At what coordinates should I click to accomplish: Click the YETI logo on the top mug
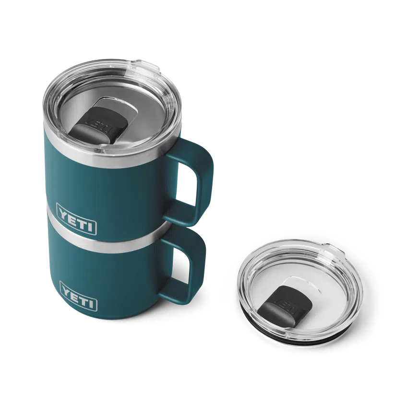[77, 212]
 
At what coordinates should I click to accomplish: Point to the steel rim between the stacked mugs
[110, 243]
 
